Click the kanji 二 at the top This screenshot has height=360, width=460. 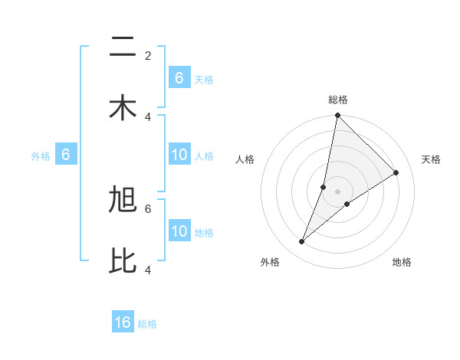[x=123, y=48]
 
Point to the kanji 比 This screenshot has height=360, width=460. [x=123, y=260]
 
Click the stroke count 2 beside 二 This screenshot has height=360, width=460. [x=148, y=55]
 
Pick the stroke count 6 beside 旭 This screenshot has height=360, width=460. [x=148, y=208]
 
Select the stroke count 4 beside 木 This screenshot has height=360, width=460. [x=148, y=116]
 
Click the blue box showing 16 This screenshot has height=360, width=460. [x=123, y=322]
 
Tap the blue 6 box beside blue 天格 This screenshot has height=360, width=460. [x=179, y=77]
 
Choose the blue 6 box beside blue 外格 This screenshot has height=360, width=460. [x=66, y=155]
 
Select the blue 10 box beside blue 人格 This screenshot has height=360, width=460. [x=179, y=155]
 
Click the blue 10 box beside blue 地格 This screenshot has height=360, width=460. [x=179, y=231]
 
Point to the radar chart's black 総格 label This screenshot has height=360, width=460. [x=338, y=100]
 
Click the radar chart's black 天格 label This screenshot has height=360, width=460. [x=431, y=159]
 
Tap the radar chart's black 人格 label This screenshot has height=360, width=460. [x=245, y=159]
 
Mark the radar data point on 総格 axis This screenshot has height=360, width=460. [x=337, y=116]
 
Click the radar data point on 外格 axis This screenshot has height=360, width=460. [x=302, y=242]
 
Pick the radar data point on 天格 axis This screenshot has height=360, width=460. [x=396, y=173]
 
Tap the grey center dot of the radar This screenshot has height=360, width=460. [x=338, y=191]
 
